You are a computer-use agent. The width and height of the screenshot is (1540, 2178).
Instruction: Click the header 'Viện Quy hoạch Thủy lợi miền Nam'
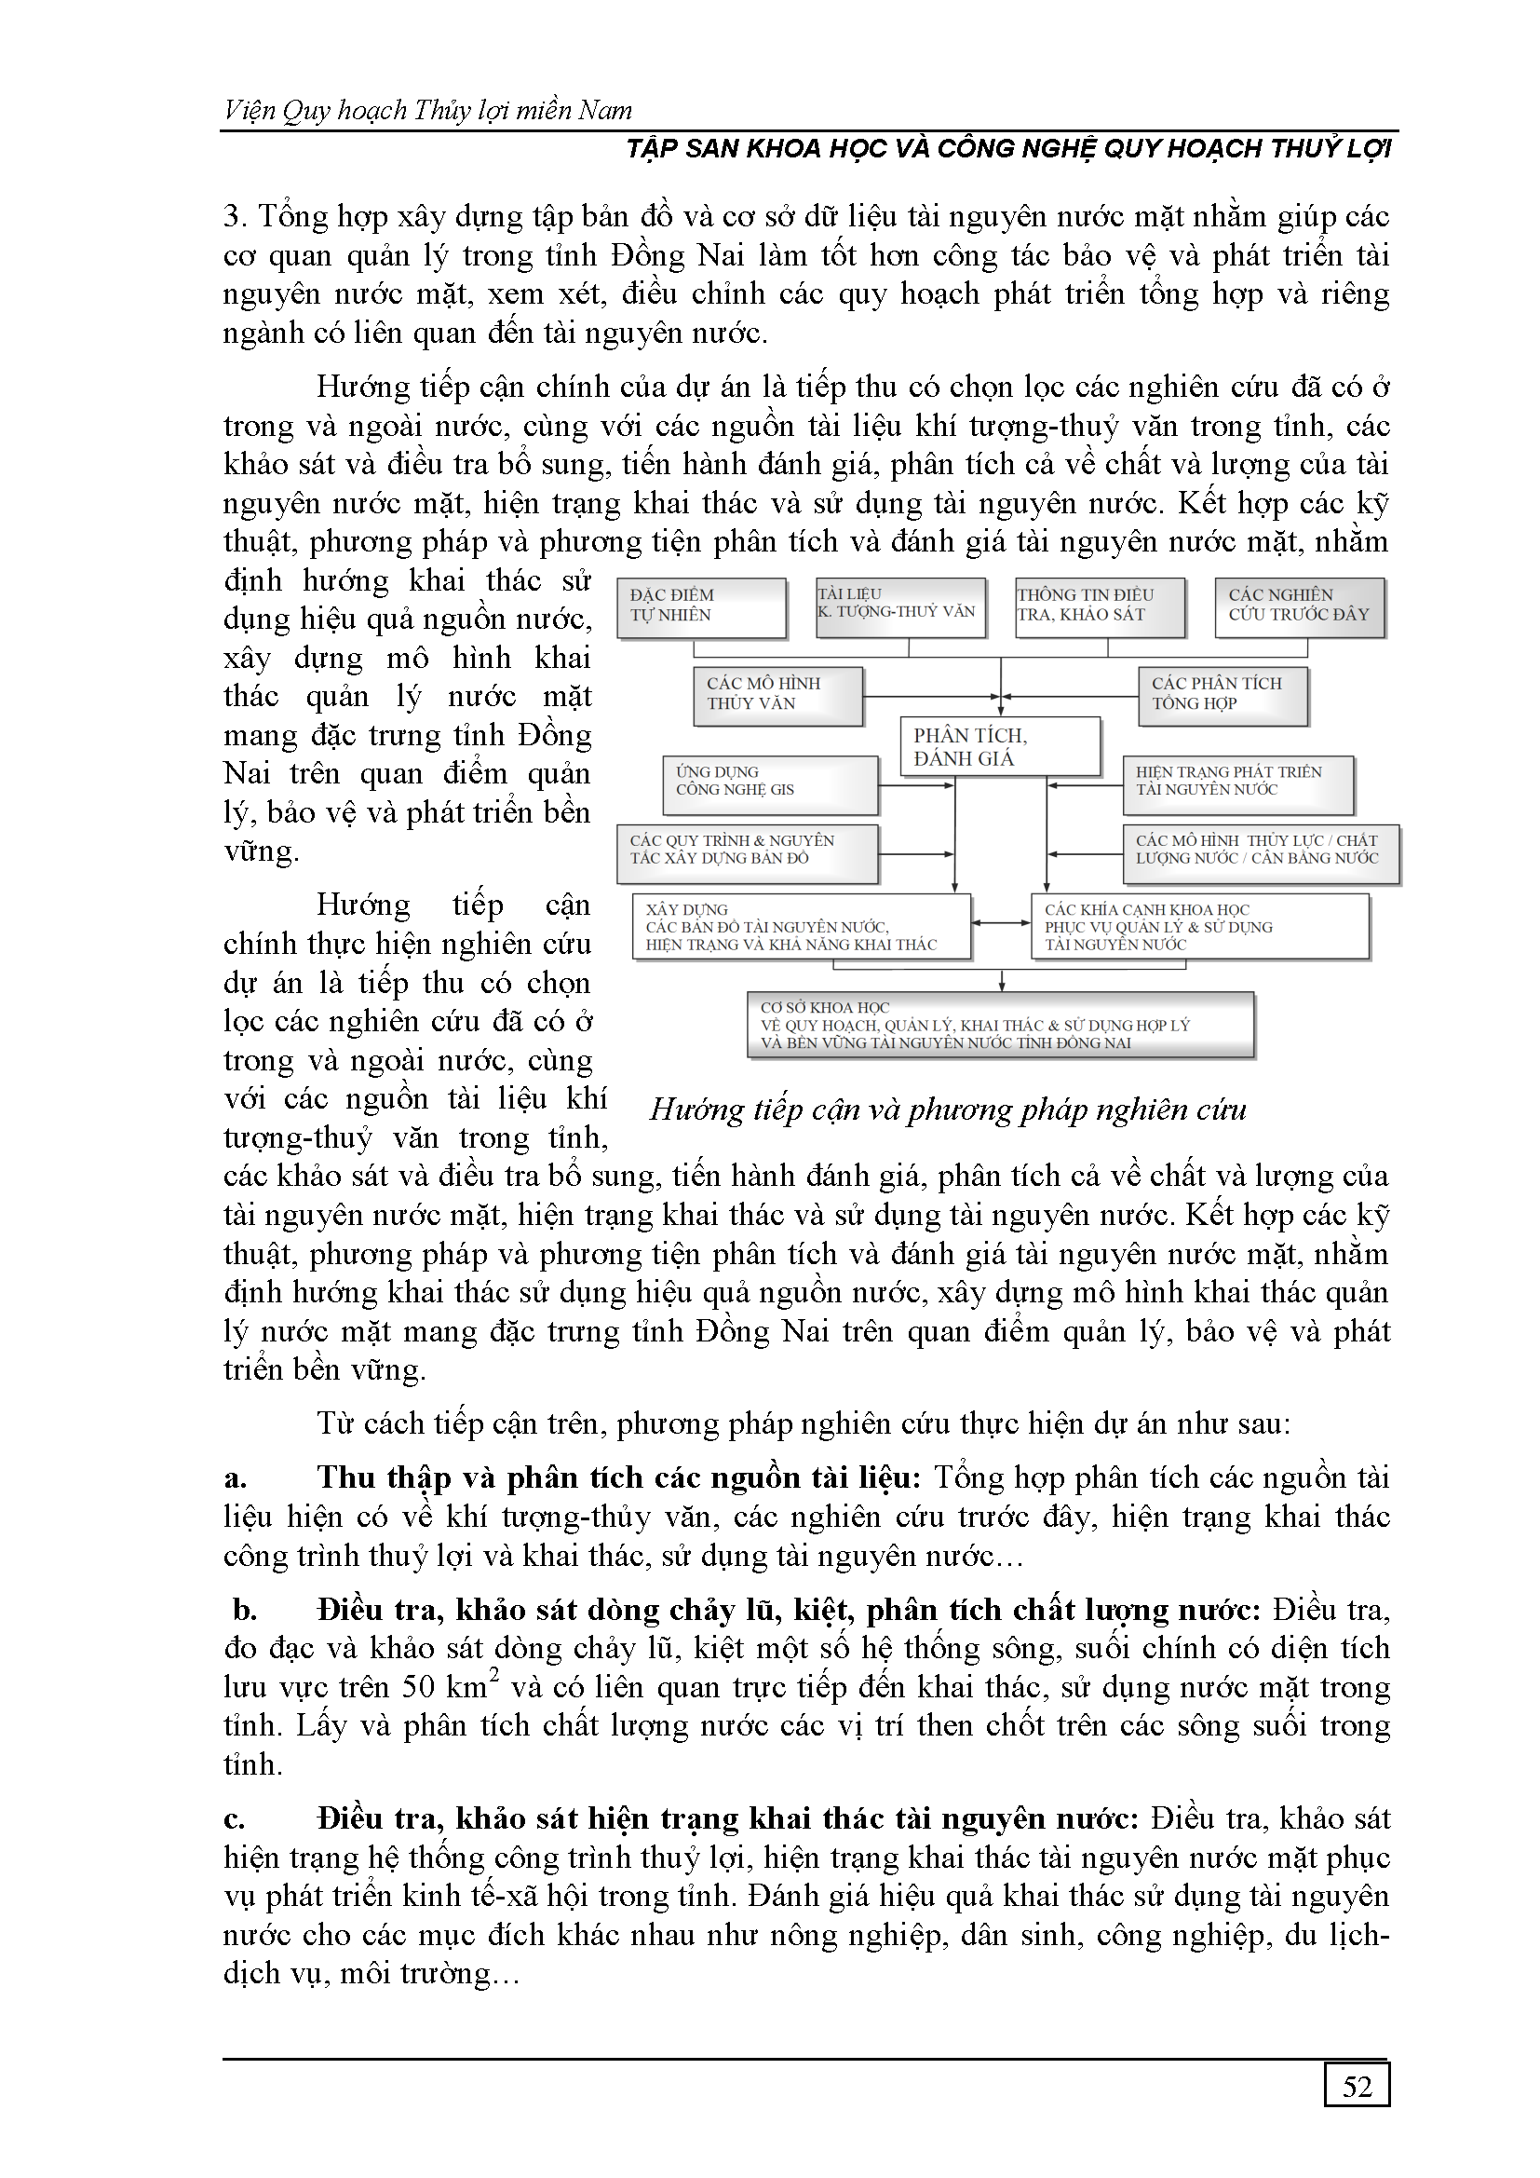(x=427, y=111)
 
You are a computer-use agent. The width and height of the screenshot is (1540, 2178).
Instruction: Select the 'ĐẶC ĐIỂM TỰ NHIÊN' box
(x=702, y=607)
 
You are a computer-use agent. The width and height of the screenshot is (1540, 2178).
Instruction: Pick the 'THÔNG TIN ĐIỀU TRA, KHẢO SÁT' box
(x=1100, y=606)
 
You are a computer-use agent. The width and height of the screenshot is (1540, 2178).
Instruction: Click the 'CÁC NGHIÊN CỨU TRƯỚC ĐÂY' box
(x=1299, y=606)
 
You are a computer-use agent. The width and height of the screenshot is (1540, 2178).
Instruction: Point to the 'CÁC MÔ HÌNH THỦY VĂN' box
(x=777, y=695)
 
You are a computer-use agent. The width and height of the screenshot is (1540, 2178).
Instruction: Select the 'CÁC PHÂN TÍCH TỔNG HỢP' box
(x=1223, y=695)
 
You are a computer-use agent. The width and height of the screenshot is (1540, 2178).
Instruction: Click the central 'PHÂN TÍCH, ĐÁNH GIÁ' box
(x=999, y=746)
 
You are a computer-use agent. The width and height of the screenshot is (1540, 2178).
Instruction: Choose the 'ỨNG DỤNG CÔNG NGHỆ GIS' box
(x=770, y=783)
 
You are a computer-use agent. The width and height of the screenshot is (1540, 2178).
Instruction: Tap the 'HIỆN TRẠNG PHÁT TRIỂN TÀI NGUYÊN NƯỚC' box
(x=1237, y=783)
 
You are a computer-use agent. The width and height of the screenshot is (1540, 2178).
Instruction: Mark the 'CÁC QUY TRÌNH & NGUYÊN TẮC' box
(x=747, y=851)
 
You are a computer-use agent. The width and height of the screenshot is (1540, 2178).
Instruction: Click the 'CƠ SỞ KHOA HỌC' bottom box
(x=1000, y=1025)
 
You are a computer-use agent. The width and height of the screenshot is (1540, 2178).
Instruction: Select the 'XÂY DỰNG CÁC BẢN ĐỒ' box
(x=802, y=927)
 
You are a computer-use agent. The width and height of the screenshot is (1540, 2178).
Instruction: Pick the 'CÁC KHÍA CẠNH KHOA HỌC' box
(x=1199, y=927)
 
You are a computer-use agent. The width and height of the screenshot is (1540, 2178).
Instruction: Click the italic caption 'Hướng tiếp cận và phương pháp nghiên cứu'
(x=947, y=1109)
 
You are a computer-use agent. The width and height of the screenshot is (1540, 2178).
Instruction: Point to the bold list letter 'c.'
(x=235, y=1819)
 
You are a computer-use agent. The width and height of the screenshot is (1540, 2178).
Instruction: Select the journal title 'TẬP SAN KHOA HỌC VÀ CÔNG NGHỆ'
(x=1008, y=149)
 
